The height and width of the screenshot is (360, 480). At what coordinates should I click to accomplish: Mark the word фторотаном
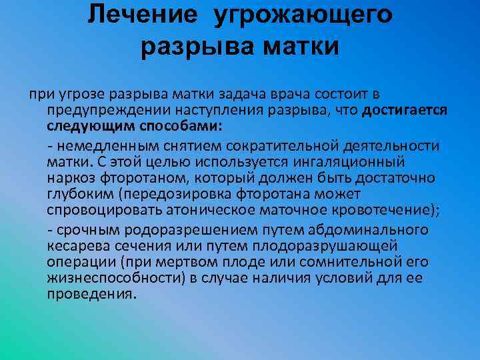click(143, 178)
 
